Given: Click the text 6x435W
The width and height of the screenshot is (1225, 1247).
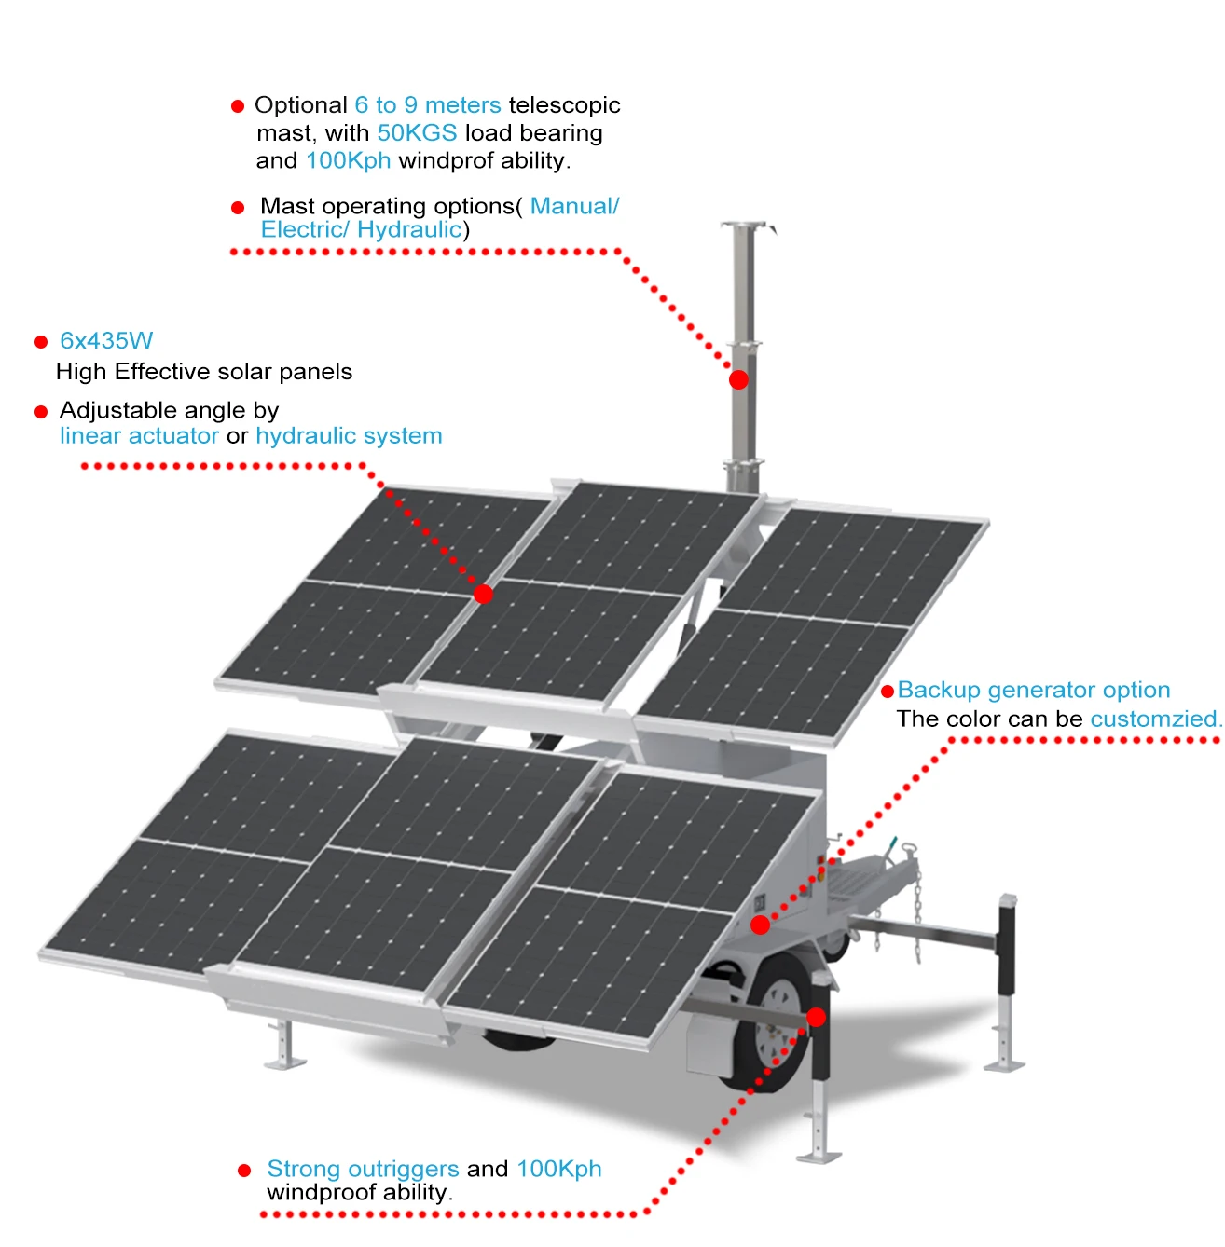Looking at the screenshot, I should coord(106,341).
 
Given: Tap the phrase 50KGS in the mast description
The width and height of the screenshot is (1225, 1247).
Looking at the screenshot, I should coord(417,133).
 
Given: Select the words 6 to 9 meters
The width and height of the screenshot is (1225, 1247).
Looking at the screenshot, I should coord(427,105).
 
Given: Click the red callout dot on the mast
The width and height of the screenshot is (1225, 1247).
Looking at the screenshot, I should coord(738,379).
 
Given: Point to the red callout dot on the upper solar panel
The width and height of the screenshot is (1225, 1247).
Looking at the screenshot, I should coord(483,594).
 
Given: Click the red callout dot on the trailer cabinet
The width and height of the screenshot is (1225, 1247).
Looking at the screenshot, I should coord(761,925).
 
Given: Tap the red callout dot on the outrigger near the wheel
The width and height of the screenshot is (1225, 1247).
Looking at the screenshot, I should coord(817,1017).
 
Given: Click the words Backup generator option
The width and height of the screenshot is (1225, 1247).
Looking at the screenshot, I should coord(1033,691).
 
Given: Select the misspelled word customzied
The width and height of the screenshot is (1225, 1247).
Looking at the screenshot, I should coord(1154,719).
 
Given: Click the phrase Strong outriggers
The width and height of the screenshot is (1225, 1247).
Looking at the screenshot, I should coord(363,1169).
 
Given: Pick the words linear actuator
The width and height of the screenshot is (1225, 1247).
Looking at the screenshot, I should coord(139,436).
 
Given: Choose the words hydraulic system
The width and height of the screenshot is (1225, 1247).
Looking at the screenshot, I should coord(349,436).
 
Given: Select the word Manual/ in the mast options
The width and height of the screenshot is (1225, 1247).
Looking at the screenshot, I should coord(574,206).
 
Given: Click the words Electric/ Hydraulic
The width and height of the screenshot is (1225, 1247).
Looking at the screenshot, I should coord(361,230).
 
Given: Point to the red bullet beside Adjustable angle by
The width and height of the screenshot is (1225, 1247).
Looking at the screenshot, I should coord(41,412).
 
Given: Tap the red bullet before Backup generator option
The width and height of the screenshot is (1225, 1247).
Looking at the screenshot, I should coord(888,692).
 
